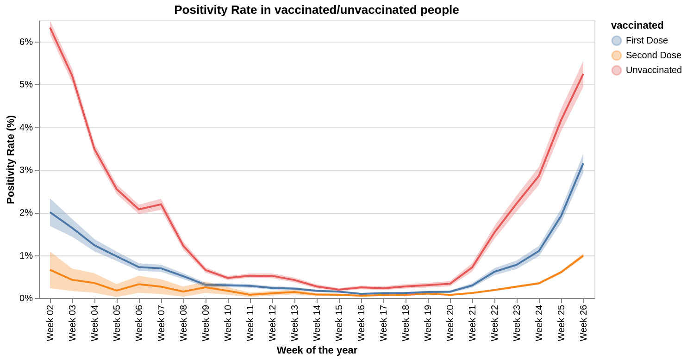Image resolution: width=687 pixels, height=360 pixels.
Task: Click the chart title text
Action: (316, 10)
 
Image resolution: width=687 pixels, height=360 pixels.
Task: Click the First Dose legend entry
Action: (646, 41)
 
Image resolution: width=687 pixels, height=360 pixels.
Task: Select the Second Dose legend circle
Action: (616, 56)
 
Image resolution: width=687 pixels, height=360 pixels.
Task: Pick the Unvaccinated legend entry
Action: (653, 70)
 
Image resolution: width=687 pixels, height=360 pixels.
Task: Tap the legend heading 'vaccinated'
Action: (637, 25)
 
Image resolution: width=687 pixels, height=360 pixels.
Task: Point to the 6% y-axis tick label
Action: (26, 42)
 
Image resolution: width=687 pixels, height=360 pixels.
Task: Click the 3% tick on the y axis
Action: (26, 170)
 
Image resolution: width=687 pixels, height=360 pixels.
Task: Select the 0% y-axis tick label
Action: (26, 298)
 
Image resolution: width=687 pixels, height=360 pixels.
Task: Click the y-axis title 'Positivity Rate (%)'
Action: (11, 160)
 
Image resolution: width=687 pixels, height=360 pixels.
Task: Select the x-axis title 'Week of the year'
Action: (317, 350)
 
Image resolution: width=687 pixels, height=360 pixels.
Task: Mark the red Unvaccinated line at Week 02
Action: (50, 28)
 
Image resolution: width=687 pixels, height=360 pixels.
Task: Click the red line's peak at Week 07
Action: (161, 204)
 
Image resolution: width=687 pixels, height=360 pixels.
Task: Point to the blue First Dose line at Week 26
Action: (583, 164)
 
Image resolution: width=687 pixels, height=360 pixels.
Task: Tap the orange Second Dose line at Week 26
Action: (583, 256)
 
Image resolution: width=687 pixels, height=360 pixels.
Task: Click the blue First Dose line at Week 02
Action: (50, 212)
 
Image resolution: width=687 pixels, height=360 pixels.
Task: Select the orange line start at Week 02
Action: (50, 270)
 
